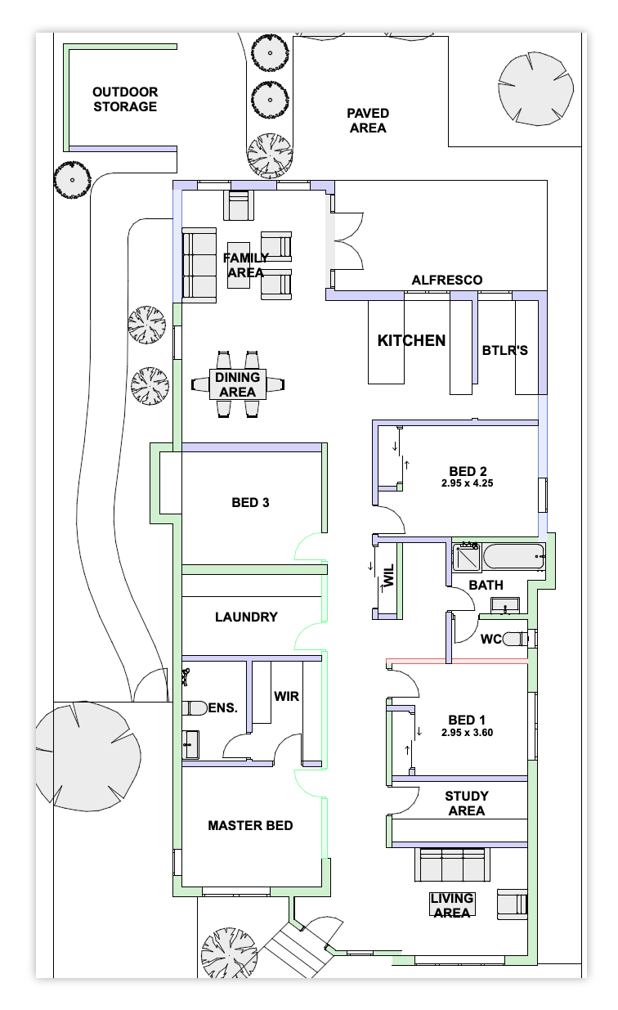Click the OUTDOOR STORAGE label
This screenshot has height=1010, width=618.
(125, 99)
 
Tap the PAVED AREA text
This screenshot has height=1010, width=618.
(368, 120)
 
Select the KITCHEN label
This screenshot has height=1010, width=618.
(411, 340)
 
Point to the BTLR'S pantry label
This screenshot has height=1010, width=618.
(505, 350)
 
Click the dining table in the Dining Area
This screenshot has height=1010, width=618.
(238, 384)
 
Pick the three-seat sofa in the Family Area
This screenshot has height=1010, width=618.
(199, 265)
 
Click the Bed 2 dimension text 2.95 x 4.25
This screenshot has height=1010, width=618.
(467, 483)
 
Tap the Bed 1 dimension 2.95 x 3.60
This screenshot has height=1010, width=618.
(467, 733)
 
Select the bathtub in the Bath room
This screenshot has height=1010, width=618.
(514, 556)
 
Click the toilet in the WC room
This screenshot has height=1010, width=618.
(515, 639)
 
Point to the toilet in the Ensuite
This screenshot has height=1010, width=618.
(195, 708)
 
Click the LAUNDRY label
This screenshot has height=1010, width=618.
(246, 617)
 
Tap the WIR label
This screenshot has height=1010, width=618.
(286, 696)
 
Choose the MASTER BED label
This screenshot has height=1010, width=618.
(250, 826)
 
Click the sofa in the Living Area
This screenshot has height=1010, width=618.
(452, 864)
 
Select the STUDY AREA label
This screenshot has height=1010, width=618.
(467, 803)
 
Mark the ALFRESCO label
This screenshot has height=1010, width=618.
(446, 280)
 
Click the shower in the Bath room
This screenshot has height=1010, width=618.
(467, 558)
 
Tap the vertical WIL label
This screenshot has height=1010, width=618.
(388, 576)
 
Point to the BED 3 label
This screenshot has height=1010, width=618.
(250, 502)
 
